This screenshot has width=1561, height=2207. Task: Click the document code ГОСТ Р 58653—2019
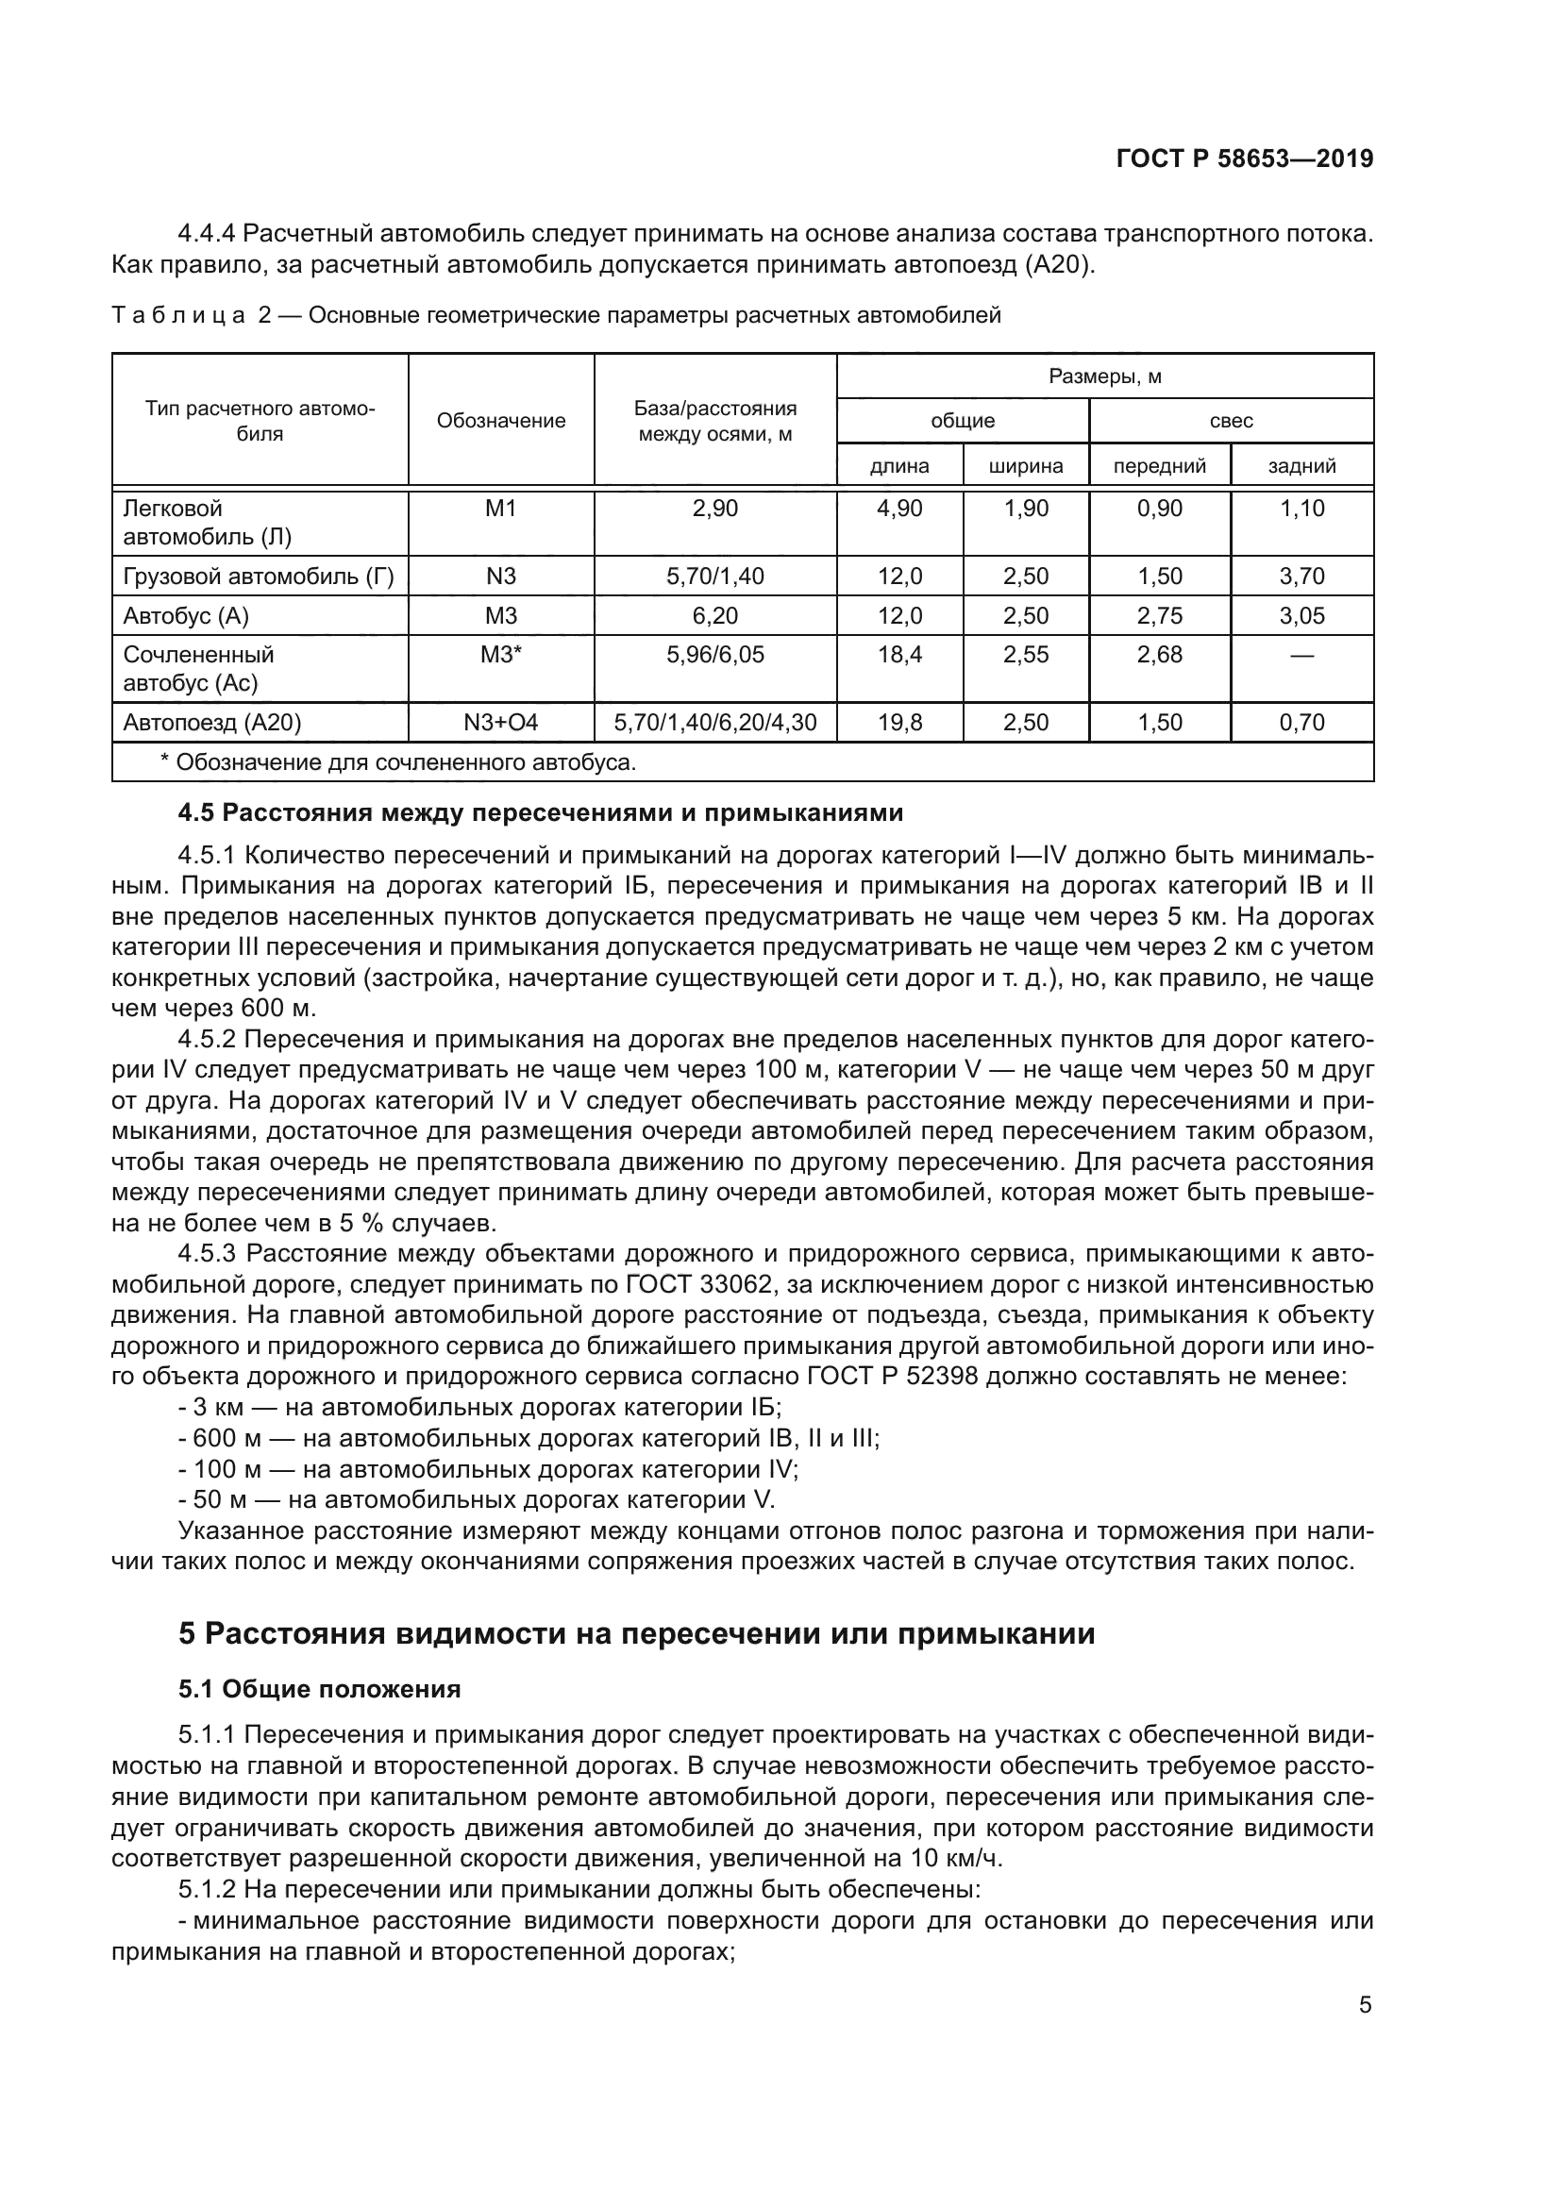(x=1244, y=159)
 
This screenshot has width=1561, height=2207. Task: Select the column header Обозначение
(x=501, y=421)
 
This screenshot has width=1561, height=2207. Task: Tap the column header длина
(x=898, y=466)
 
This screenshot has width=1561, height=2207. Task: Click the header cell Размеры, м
(x=1104, y=376)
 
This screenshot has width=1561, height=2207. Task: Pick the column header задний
(x=1301, y=466)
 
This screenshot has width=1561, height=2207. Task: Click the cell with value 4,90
(x=898, y=509)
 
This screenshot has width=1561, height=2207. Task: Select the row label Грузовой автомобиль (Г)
(x=259, y=577)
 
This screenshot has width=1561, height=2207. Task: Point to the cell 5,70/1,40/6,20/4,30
(x=715, y=723)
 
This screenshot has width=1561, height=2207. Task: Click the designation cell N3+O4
(x=501, y=723)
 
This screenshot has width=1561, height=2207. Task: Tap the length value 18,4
(x=898, y=656)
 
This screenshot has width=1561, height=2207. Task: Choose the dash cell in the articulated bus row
(x=1301, y=656)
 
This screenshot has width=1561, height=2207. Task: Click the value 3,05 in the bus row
(x=1301, y=616)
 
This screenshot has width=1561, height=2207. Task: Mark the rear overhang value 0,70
(x=1301, y=723)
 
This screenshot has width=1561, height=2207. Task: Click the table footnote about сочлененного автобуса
(x=398, y=763)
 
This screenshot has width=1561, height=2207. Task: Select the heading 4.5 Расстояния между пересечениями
(x=540, y=813)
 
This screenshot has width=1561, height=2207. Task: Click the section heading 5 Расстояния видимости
(x=636, y=1634)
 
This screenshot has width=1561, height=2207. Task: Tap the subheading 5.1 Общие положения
(x=319, y=1689)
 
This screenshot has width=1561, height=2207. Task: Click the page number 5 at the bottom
(x=1365, y=2005)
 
